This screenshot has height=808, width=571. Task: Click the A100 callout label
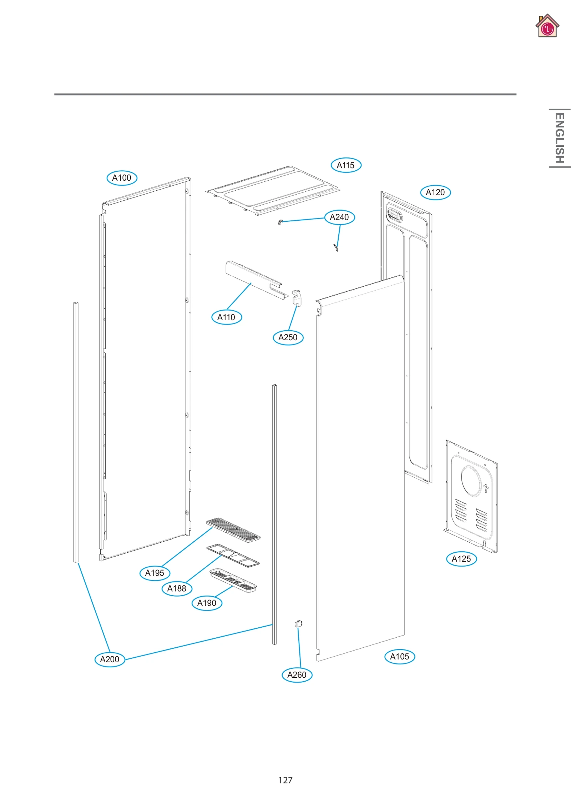122,178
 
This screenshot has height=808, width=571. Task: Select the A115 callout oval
346,165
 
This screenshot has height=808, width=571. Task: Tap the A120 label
435,192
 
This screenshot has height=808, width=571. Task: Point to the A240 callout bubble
339,217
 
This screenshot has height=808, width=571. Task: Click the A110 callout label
226,317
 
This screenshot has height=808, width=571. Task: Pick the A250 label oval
288,337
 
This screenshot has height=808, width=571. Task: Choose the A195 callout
155,573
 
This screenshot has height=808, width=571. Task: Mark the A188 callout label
177,588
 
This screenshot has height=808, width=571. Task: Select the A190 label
207,603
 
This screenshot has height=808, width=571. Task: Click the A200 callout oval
110,659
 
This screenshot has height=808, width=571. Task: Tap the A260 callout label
297,675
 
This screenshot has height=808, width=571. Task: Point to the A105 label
399,657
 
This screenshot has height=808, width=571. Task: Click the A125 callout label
461,559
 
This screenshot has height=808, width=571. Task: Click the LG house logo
547,26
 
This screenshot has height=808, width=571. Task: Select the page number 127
285,780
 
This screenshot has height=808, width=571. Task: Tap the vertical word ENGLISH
559,138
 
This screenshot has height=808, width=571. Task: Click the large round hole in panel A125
472,480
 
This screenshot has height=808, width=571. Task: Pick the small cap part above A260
298,624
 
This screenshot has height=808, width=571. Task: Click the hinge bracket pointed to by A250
297,298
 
